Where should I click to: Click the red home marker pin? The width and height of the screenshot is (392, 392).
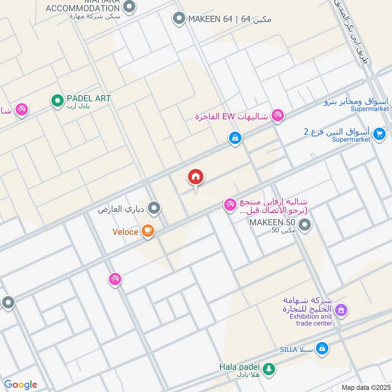click(196, 178)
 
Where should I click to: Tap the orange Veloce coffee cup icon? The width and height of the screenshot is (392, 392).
click(147, 231)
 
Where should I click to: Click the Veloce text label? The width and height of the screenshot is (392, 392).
click(125, 232)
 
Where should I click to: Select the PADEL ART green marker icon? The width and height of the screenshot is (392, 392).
click(57, 101)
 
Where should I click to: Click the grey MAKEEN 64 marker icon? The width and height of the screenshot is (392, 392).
click(178, 19)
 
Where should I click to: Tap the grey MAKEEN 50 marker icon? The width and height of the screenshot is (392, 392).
click(305, 225)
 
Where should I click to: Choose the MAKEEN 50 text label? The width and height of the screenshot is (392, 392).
click(272, 222)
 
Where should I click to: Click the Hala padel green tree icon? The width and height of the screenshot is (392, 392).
click(268, 369)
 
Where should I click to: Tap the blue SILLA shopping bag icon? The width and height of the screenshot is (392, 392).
click(322, 348)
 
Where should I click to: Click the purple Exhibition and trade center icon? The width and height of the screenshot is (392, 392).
click(342, 310)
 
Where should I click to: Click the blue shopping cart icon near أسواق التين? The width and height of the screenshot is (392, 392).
click(379, 133)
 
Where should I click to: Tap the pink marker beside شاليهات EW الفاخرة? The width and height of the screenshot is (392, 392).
click(278, 116)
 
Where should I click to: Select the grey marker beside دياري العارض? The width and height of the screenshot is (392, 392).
click(154, 209)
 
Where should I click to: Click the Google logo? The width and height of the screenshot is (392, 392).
click(21, 385)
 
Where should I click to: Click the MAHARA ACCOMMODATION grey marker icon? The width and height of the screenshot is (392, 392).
click(129, 7)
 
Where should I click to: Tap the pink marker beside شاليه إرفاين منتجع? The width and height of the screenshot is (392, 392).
click(230, 205)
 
